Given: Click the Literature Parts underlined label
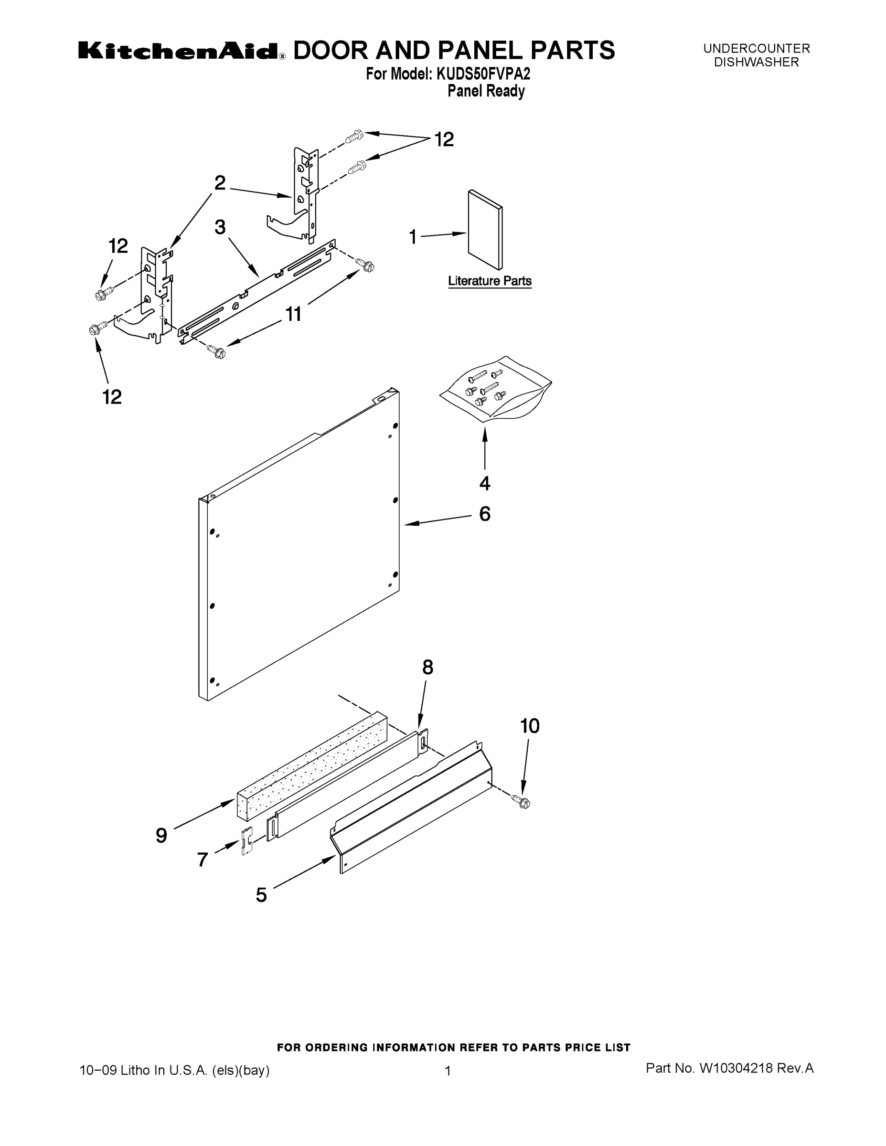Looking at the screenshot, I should point(489,281).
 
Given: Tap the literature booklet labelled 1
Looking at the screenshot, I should point(485,230).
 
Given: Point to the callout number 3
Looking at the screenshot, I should point(220,227).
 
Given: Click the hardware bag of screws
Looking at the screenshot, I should point(495,389).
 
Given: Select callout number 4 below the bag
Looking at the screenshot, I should point(484,483).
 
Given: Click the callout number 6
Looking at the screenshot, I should point(484,514).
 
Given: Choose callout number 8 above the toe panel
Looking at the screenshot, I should point(428,667).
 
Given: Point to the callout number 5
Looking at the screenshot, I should point(261,895).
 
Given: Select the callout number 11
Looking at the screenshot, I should point(293,314).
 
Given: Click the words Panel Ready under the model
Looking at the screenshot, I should point(486,91).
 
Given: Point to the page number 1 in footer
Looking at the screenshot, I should point(448,1071).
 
